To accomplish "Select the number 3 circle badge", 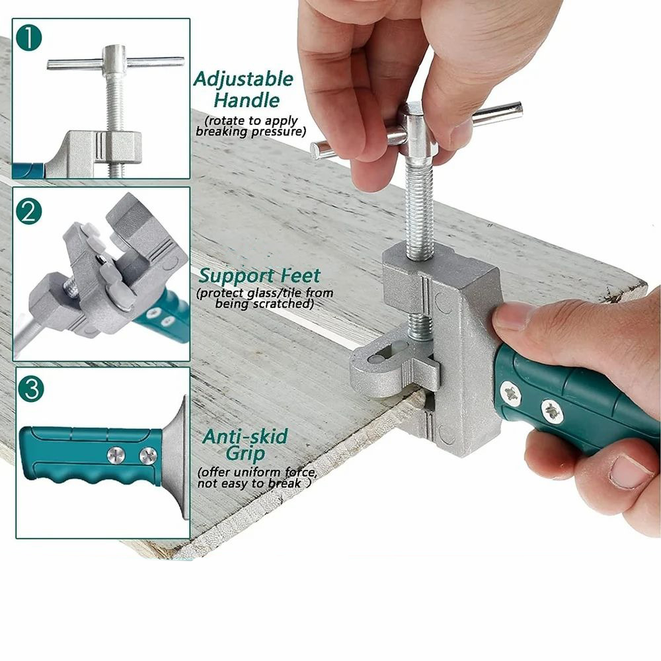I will (x=30, y=389).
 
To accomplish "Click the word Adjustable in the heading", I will (x=243, y=80).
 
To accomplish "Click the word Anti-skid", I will (x=245, y=437).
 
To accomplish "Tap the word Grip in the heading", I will (x=245, y=454).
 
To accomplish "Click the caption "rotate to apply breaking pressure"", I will (x=251, y=126).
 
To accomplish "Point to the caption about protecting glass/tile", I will (x=264, y=298).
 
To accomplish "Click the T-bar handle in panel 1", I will (x=116, y=63).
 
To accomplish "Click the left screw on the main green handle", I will (x=510, y=394).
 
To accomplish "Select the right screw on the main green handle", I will (x=552, y=412).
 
